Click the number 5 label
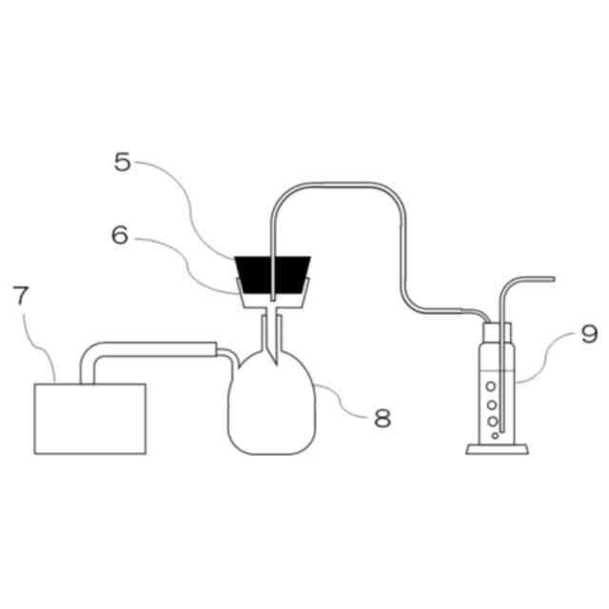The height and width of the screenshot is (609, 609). click(x=122, y=163)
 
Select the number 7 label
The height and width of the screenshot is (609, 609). click(x=20, y=294)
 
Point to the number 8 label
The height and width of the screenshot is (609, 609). click(x=382, y=418)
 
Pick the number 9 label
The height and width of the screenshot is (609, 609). click(x=563, y=334)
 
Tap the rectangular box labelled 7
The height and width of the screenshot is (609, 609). click(x=89, y=418)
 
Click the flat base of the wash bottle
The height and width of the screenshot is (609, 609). click(x=499, y=448)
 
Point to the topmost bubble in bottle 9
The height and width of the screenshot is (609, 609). click(x=491, y=387)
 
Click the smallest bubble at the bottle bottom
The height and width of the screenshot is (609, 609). click(x=494, y=435)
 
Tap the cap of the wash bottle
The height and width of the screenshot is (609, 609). click(x=499, y=332)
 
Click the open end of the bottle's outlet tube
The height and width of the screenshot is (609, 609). click(x=552, y=279)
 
